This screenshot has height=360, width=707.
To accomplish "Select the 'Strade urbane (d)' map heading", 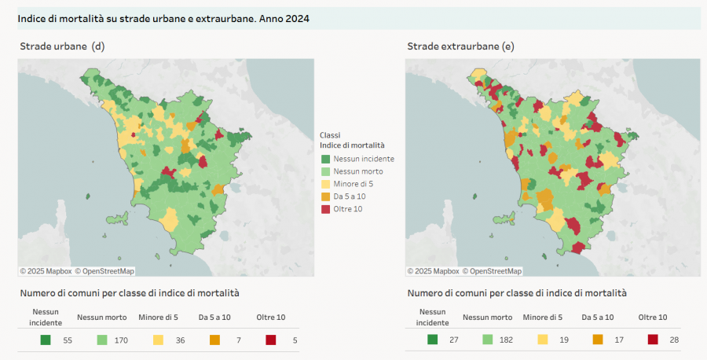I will point(62,47).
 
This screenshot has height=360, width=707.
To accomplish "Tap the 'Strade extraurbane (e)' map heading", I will point(460,47).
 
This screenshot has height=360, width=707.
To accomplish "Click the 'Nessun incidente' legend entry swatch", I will point(325,159).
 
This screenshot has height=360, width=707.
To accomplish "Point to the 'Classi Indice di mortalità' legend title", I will point(352,141).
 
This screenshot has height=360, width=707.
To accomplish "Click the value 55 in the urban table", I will point(67,340).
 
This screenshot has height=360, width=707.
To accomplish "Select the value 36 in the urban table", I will point(180,340).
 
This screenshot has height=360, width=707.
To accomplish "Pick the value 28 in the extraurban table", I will point(672,340).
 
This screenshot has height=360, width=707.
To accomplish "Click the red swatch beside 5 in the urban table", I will point(270,340).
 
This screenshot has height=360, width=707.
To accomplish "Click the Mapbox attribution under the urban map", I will point(46,271).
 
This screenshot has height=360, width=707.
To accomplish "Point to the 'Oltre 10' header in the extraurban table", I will point(653,318).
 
